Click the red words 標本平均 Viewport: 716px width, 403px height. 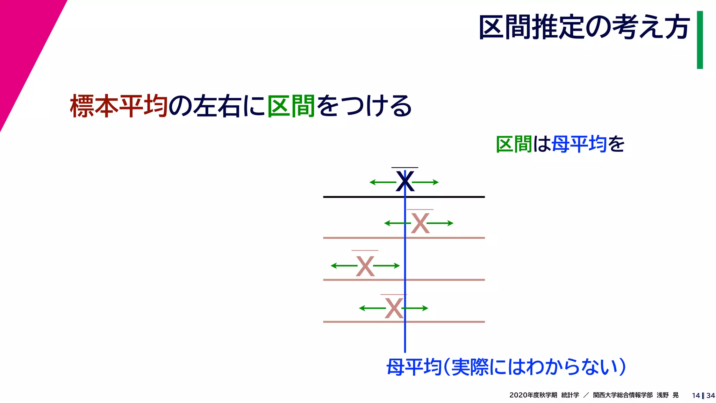click(x=119, y=106)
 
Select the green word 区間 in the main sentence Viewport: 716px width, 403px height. click(x=291, y=106)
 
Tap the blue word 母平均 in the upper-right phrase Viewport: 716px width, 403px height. click(x=579, y=144)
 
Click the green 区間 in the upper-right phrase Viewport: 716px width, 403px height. click(x=514, y=144)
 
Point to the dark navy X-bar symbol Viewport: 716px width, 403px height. click(x=405, y=181)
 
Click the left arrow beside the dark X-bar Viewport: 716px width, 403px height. click(x=382, y=182)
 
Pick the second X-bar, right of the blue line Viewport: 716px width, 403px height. click(x=420, y=223)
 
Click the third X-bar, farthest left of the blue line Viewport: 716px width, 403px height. click(x=365, y=266)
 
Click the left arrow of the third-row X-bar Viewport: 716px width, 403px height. click(x=343, y=266)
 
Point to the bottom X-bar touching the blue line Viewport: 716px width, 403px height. click(x=394, y=308)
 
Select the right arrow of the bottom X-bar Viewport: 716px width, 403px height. click(x=416, y=308)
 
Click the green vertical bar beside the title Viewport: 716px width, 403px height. click(x=700, y=40)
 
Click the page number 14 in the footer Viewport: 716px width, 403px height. click(x=695, y=396)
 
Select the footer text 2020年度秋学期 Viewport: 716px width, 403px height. click(x=533, y=395)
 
